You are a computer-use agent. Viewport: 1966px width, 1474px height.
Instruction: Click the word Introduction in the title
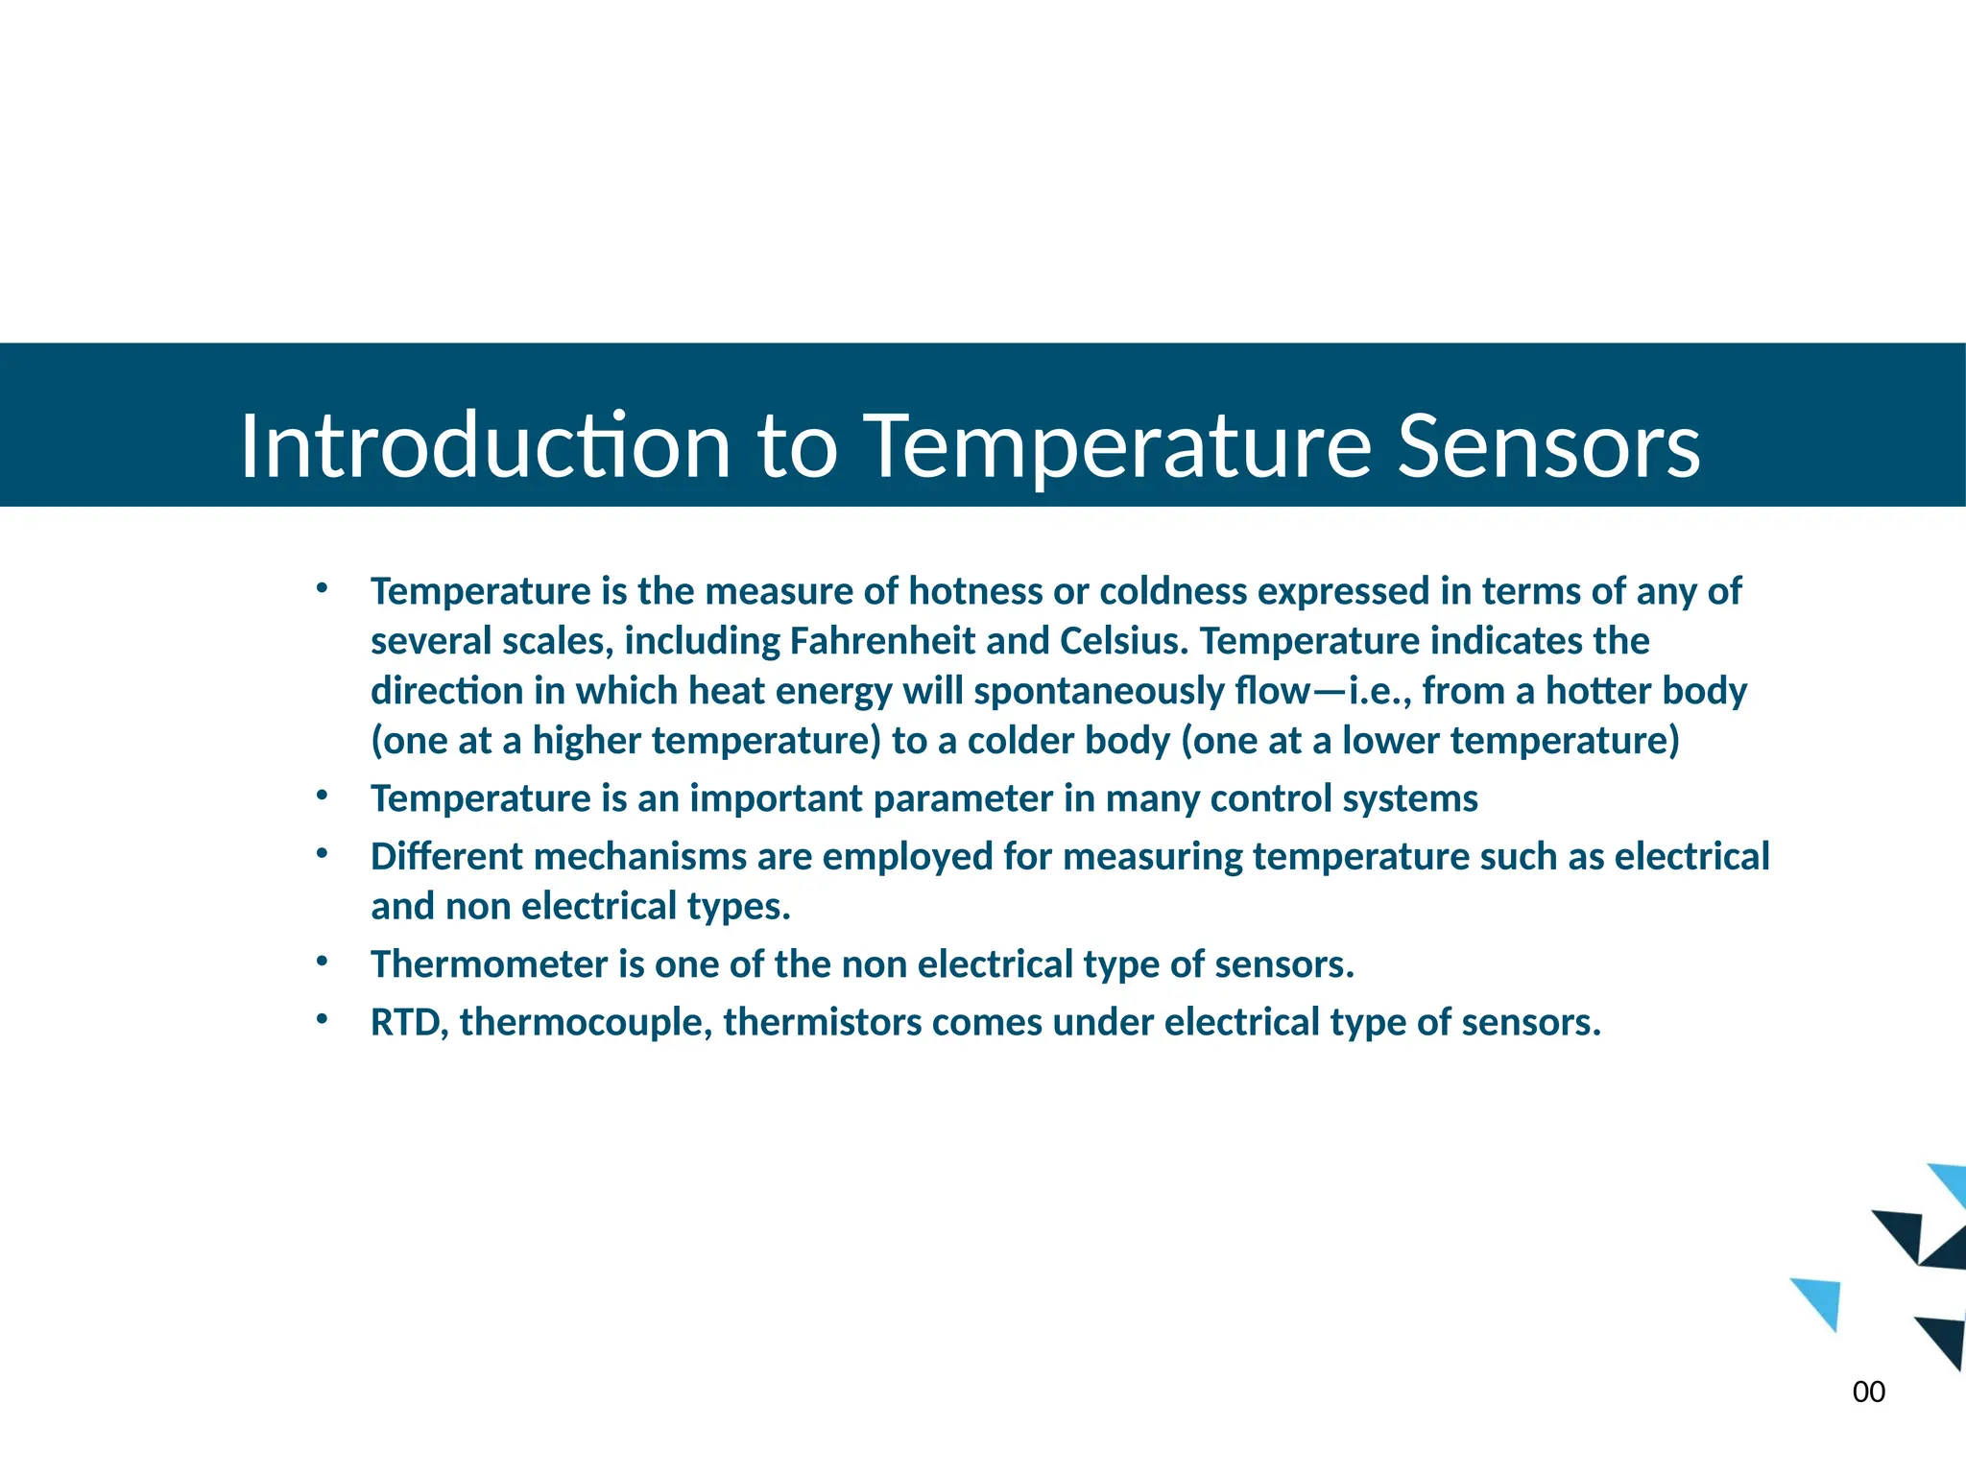click(x=486, y=446)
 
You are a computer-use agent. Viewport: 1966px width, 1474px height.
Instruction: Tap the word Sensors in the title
click(x=1548, y=446)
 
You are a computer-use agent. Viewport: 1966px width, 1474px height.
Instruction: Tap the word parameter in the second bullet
click(x=963, y=798)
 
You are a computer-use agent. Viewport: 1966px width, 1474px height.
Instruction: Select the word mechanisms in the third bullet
click(x=640, y=857)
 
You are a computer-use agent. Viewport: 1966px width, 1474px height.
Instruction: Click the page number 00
click(x=1868, y=1391)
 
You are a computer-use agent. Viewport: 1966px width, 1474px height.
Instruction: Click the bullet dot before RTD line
click(x=323, y=1018)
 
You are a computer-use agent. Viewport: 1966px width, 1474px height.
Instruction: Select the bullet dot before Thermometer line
click(x=323, y=961)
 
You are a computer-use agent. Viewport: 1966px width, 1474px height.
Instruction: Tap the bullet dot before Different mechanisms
click(x=323, y=853)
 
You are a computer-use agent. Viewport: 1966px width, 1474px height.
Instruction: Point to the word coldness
click(x=1173, y=591)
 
